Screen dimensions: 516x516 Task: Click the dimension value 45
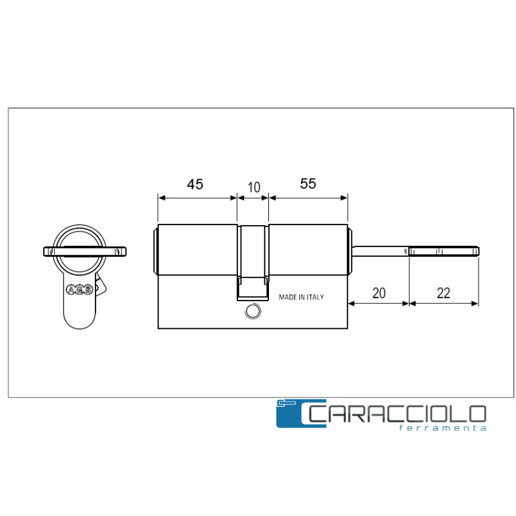(195, 184)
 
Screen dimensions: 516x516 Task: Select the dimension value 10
(253, 188)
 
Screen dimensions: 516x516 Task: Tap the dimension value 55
(308, 184)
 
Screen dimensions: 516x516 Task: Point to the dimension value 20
(379, 293)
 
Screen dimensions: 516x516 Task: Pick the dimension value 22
(443, 293)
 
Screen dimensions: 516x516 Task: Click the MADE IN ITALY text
(301, 297)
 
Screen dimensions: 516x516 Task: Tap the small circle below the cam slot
(253, 312)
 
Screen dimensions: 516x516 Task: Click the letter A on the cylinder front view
(71, 290)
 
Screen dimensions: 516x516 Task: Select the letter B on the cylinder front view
(88, 290)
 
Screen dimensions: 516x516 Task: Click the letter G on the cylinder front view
(79, 290)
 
